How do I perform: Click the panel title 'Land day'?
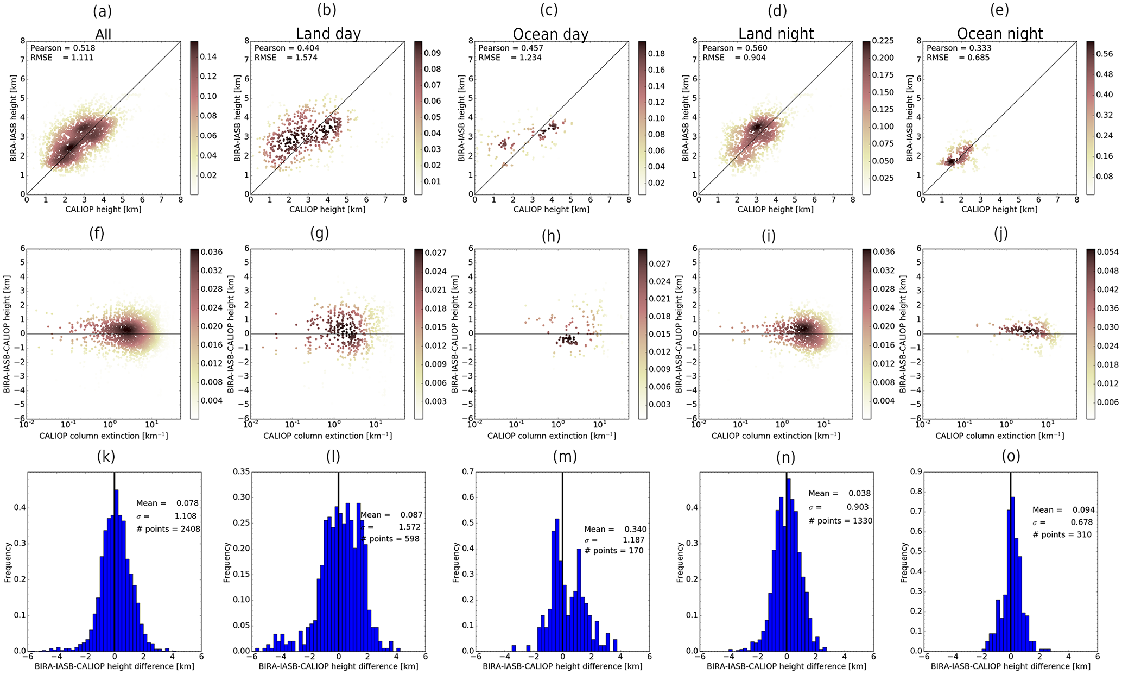[328, 34]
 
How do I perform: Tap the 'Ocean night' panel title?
[1000, 34]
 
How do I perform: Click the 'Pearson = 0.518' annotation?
[63, 48]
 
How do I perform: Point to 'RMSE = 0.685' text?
[958, 58]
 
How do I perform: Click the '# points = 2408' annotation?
[168, 529]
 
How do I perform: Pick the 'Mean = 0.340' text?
[616, 529]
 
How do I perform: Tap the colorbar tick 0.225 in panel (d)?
[883, 41]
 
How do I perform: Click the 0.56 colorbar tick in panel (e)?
[1104, 54]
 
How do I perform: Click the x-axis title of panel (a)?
[103, 210]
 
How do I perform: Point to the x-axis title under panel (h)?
[552, 436]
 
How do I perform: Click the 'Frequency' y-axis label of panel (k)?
[8, 562]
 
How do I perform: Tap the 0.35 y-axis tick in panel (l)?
[241, 471]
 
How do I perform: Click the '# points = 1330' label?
[840, 521]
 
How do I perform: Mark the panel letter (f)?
[97, 234]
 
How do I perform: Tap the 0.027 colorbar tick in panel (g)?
[436, 253]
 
